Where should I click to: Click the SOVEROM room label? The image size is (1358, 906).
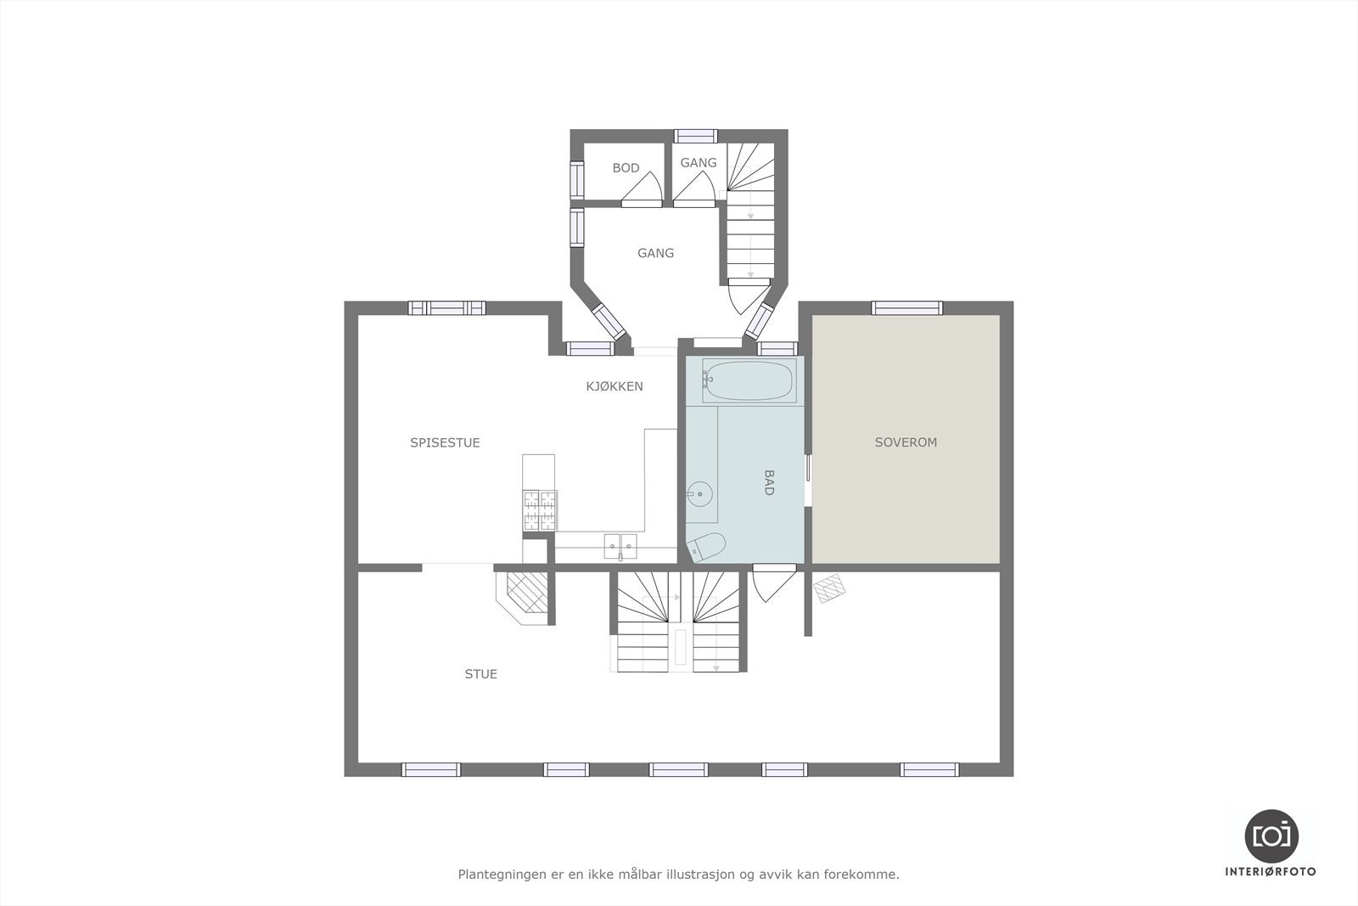pyautogui.click(x=906, y=442)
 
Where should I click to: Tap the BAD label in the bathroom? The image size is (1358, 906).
pyautogui.click(x=768, y=482)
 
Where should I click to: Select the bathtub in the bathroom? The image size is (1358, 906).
pyautogui.click(x=749, y=380)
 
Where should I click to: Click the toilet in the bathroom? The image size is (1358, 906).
pyautogui.click(x=707, y=548)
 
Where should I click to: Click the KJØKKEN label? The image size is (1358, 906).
pyautogui.click(x=614, y=386)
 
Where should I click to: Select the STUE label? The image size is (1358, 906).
pyautogui.click(x=480, y=674)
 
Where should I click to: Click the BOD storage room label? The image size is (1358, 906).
pyautogui.click(x=626, y=168)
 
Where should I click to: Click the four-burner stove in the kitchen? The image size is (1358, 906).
pyautogui.click(x=540, y=510)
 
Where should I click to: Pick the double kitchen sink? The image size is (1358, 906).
pyautogui.click(x=620, y=546)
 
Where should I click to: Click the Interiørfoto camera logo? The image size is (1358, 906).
pyautogui.click(x=1271, y=836)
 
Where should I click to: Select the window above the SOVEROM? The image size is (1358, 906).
pyautogui.click(x=906, y=308)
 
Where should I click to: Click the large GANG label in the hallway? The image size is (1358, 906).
pyautogui.click(x=655, y=253)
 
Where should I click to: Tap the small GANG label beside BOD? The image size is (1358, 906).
pyautogui.click(x=698, y=163)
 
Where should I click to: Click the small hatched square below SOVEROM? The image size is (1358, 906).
pyautogui.click(x=829, y=588)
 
